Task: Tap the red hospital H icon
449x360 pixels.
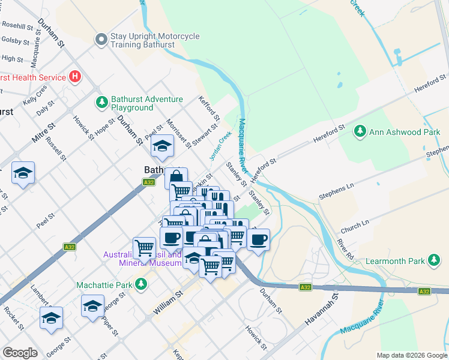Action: (75, 77)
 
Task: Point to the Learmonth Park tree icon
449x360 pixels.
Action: (433, 260)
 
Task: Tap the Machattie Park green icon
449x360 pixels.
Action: (140, 284)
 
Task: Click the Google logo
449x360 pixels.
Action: (20, 353)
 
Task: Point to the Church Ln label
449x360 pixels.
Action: (355, 226)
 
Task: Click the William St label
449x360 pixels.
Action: (167, 303)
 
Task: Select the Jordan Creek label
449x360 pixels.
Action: (220, 145)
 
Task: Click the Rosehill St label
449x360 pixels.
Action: (18, 25)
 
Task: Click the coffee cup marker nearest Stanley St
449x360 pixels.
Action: (258, 239)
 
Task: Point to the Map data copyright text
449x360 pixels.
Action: (411, 355)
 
